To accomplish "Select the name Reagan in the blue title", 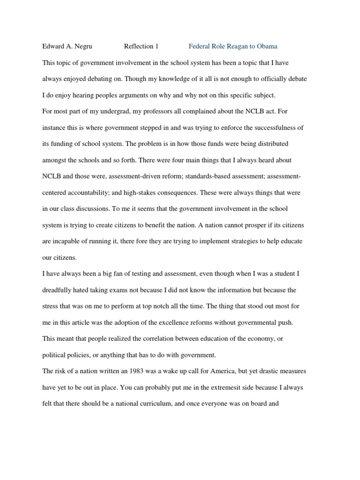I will point(234,46).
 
